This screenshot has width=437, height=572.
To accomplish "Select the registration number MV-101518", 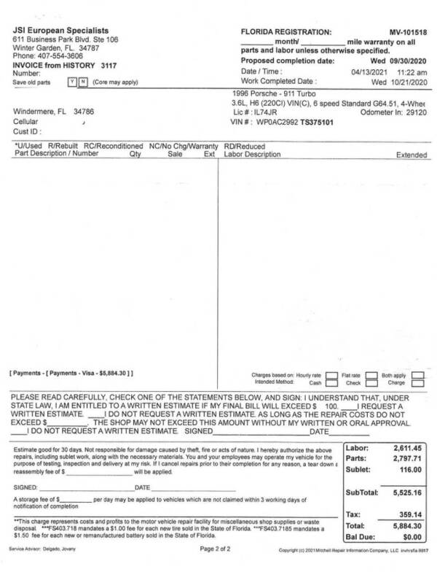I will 408,33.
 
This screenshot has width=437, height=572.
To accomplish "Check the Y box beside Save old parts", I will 71,82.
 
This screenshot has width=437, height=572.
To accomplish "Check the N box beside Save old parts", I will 79,82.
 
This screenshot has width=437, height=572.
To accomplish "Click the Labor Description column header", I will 253,155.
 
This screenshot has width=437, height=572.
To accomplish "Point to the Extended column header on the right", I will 411,155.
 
